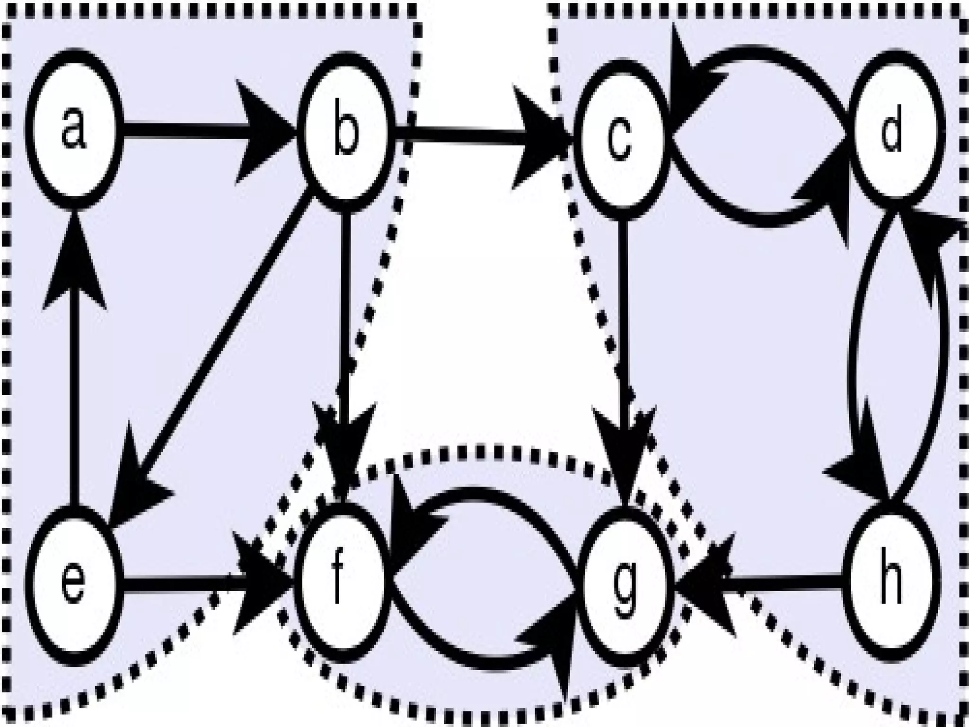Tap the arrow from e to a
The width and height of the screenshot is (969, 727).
click(73, 379)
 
